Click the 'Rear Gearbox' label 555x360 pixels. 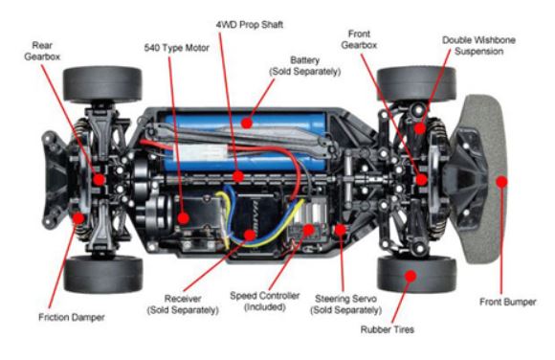point(42,51)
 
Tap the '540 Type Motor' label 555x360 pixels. point(177,48)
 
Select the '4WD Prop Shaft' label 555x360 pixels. point(250,25)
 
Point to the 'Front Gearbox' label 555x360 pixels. point(359,39)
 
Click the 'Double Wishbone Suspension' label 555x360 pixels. point(478,46)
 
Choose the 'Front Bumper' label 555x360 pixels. point(507,302)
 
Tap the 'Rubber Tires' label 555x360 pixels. point(388,329)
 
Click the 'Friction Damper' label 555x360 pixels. point(72,317)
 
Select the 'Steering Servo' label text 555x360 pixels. point(345,299)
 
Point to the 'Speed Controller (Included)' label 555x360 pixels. point(265,302)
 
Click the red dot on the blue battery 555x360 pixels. point(247,123)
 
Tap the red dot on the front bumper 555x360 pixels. point(501,182)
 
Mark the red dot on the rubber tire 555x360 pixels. point(411,276)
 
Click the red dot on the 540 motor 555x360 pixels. point(183,218)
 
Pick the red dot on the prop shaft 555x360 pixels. point(238,176)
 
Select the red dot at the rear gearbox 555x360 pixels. point(99,180)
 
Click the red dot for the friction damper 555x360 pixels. point(78,218)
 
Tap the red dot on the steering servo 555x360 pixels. point(340,230)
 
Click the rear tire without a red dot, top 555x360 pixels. point(102,84)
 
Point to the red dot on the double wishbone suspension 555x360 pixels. point(420,128)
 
